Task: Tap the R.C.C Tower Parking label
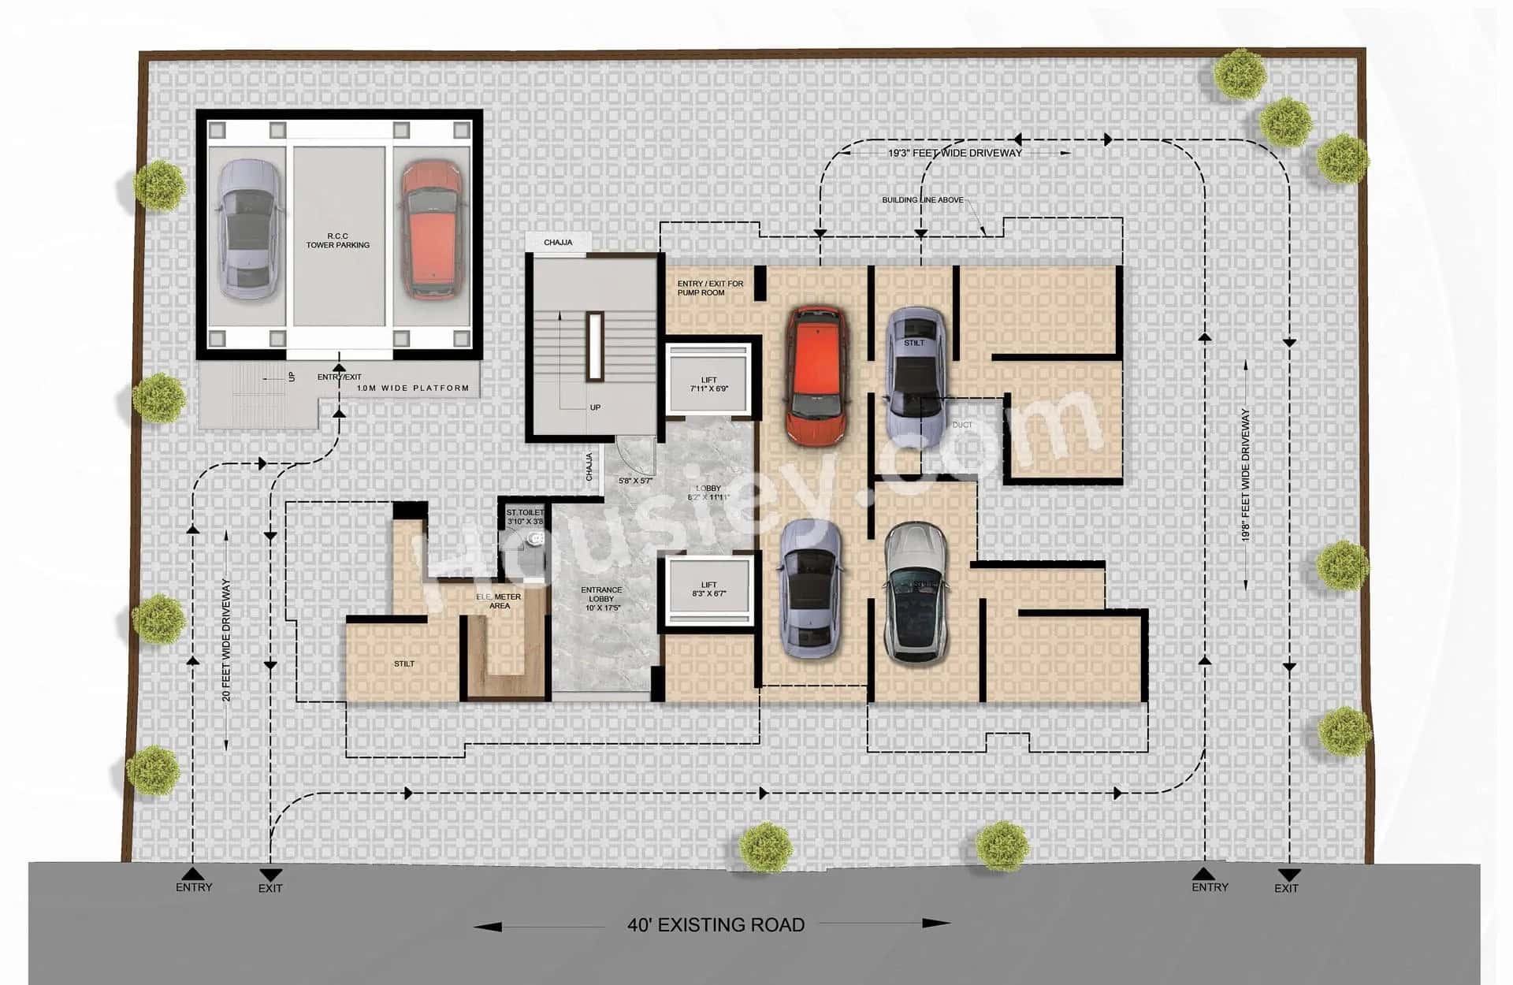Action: point(338,240)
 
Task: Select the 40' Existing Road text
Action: point(716,924)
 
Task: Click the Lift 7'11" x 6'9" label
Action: point(709,384)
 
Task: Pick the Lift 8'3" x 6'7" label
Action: point(708,589)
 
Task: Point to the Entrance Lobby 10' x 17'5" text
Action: point(601,599)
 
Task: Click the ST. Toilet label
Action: point(525,517)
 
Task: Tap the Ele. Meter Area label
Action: point(499,601)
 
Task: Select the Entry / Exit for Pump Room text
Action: point(709,288)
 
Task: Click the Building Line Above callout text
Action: point(922,200)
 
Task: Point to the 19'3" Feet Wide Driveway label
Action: point(954,153)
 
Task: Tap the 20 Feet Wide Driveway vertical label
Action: point(226,640)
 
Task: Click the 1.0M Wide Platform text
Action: point(412,388)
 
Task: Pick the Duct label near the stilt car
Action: point(961,425)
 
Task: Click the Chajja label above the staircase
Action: point(558,242)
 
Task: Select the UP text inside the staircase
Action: point(595,407)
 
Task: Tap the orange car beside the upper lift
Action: point(817,375)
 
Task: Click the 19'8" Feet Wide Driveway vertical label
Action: point(1245,474)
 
